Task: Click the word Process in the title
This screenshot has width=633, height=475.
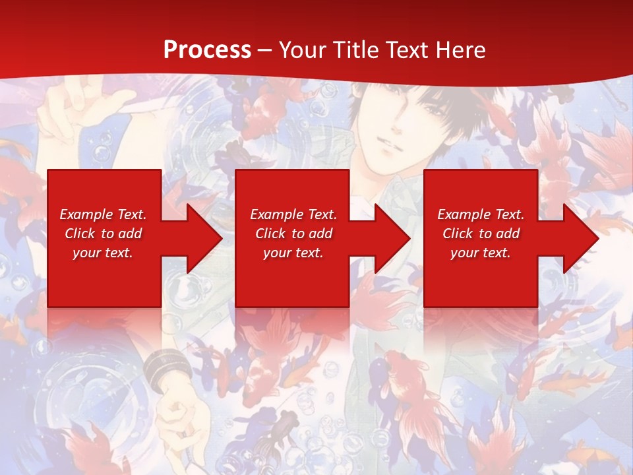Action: click(x=207, y=50)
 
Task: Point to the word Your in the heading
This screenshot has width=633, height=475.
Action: click(x=304, y=50)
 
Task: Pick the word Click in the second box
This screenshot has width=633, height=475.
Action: click(x=270, y=234)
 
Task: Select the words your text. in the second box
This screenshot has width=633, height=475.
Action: click(x=293, y=253)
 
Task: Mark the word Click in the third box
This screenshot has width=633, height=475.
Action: click(x=457, y=234)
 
